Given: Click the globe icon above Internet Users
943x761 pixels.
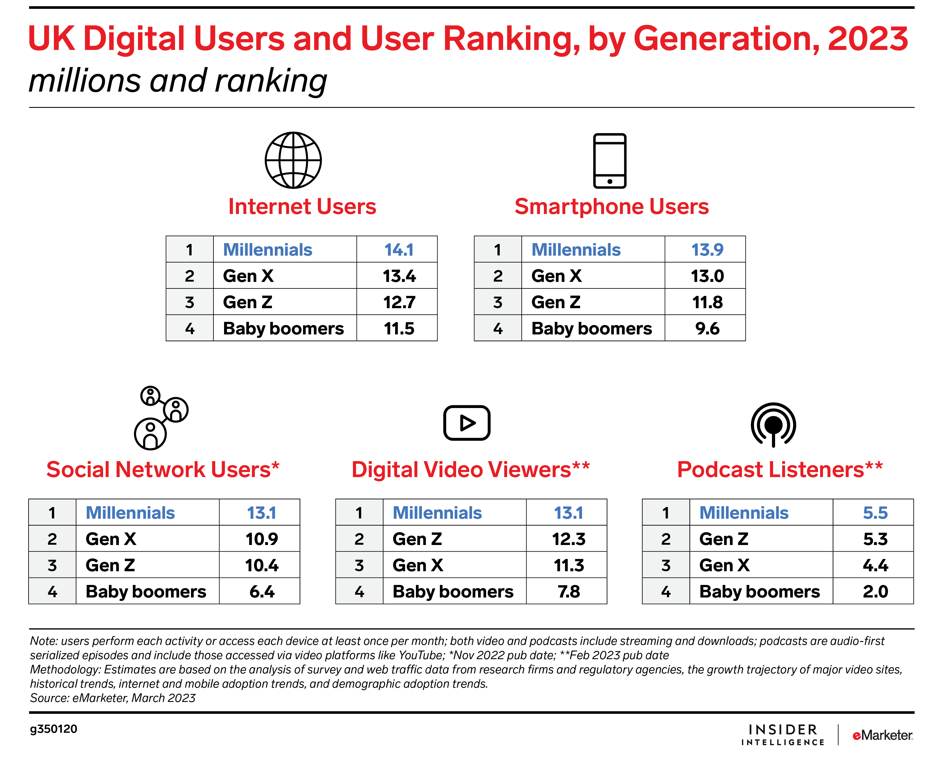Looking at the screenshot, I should [x=293, y=160].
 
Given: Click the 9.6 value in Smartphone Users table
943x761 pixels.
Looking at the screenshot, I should [x=707, y=328].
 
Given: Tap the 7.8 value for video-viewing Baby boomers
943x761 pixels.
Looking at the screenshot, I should [x=568, y=591].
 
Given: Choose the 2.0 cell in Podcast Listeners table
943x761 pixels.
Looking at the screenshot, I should [x=875, y=591].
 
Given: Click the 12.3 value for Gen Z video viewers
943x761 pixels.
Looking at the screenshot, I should [x=568, y=539].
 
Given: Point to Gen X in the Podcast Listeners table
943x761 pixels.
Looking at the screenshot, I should [x=724, y=565].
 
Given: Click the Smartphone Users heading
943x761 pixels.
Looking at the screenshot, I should [x=611, y=207].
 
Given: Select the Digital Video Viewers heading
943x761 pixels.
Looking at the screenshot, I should [x=470, y=469].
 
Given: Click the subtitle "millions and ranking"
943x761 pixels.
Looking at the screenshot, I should [x=178, y=81].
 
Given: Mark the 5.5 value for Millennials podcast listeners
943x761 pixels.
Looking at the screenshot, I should [x=875, y=512].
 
